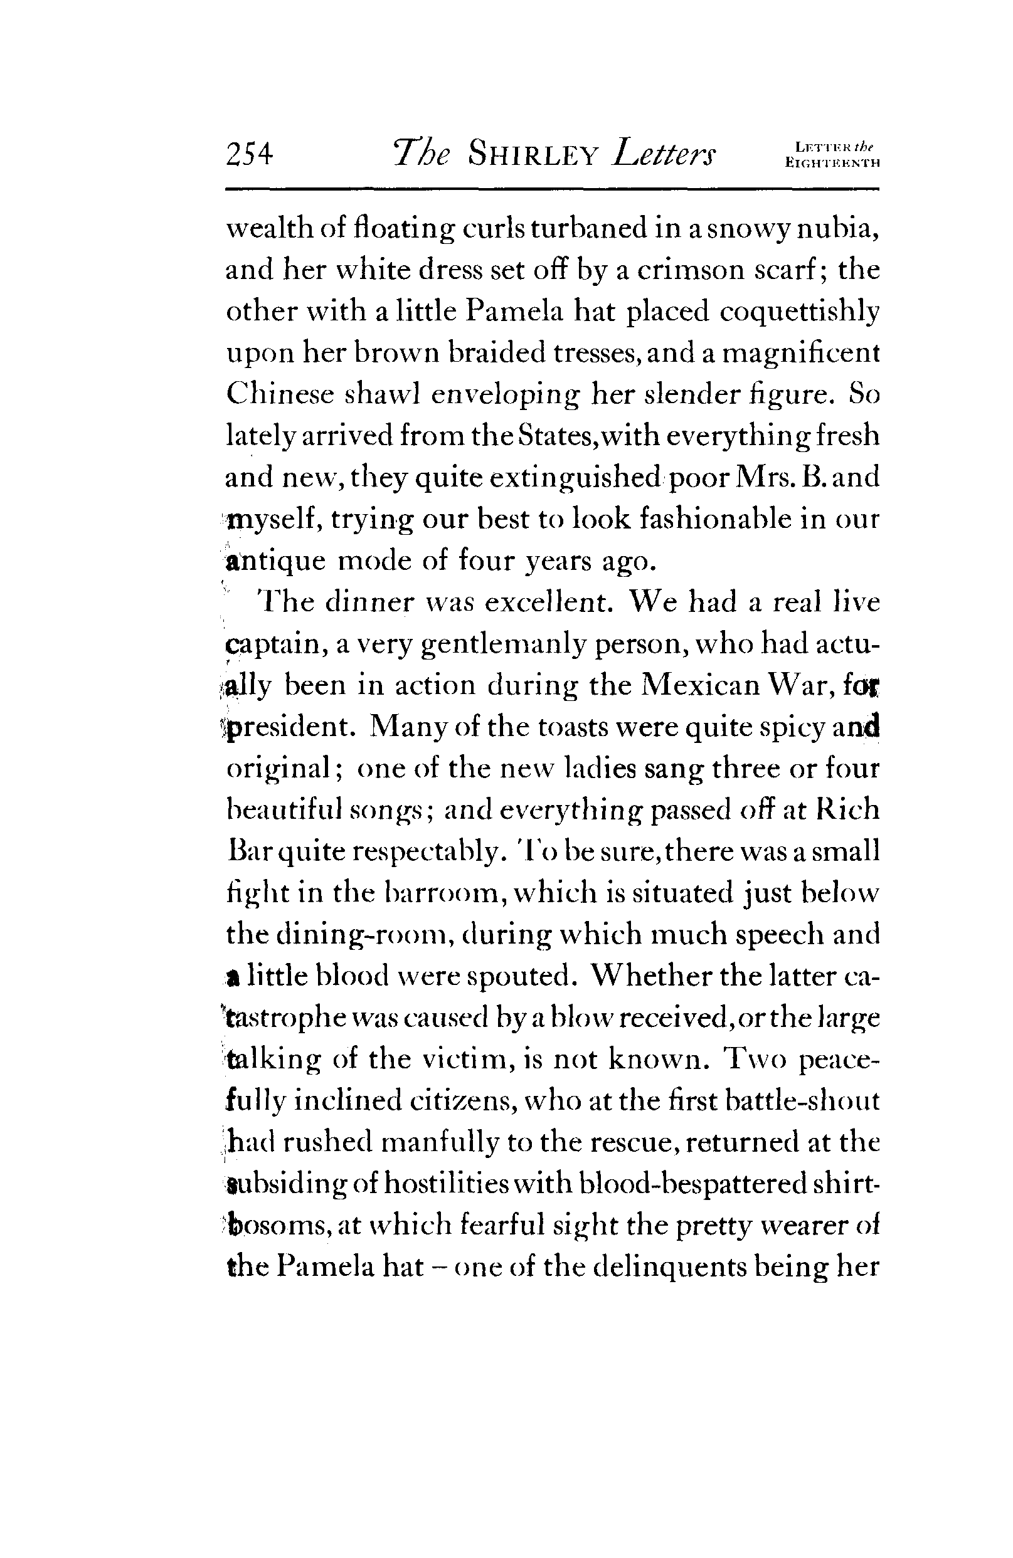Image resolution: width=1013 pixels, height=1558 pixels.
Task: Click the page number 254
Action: pyautogui.click(x=249, y=154)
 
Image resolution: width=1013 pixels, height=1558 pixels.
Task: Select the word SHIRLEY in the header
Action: pyautogui.click(x=534, y=154)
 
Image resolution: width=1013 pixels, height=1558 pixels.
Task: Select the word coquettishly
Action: pyautogui.click(x=799, y=312)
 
